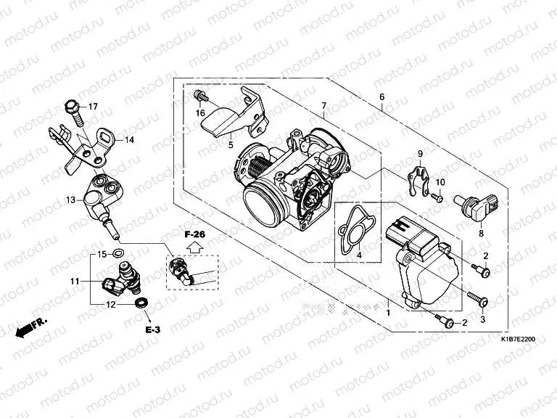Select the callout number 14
pos(130,139)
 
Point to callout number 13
pos(70,200)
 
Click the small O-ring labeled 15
pos(120,254)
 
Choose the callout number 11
pos(74,281)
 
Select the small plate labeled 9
pos(416,179)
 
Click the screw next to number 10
pos(437,196)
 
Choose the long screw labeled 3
pos(476,298)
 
